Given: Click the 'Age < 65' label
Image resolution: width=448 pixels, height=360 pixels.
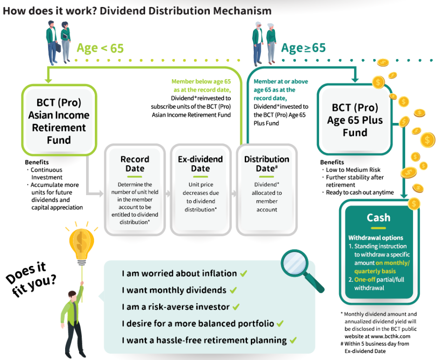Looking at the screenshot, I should pyautogui.click(x=100, y=48).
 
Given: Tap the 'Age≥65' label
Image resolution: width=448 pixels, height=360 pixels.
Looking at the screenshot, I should pyautogui.click(x=303, y=48).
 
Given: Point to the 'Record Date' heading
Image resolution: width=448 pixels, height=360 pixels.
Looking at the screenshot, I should pyautogui.click(x=134, y=164).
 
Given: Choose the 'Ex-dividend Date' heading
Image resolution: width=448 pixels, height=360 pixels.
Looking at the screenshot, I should pyautogui.click(x=200, y=164).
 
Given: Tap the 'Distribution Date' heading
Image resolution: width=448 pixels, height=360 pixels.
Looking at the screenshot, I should pyautogui.click(x=267, y=164).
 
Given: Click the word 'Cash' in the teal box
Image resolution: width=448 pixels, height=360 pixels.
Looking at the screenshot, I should pyautogui.click(x=379, y=217).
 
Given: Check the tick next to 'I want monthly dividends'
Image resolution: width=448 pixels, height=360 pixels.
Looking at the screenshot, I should pyautogui.click(x=234, y=290).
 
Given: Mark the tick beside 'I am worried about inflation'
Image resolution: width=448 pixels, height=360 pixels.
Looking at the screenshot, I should pyautogui.click(x=244, y=273).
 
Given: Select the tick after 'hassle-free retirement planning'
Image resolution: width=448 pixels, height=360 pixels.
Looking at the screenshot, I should pyautogui.click(x=293, y=340).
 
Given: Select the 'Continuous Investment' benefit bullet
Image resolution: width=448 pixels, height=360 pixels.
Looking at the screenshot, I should pyautogui.click(x=47, y=173).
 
